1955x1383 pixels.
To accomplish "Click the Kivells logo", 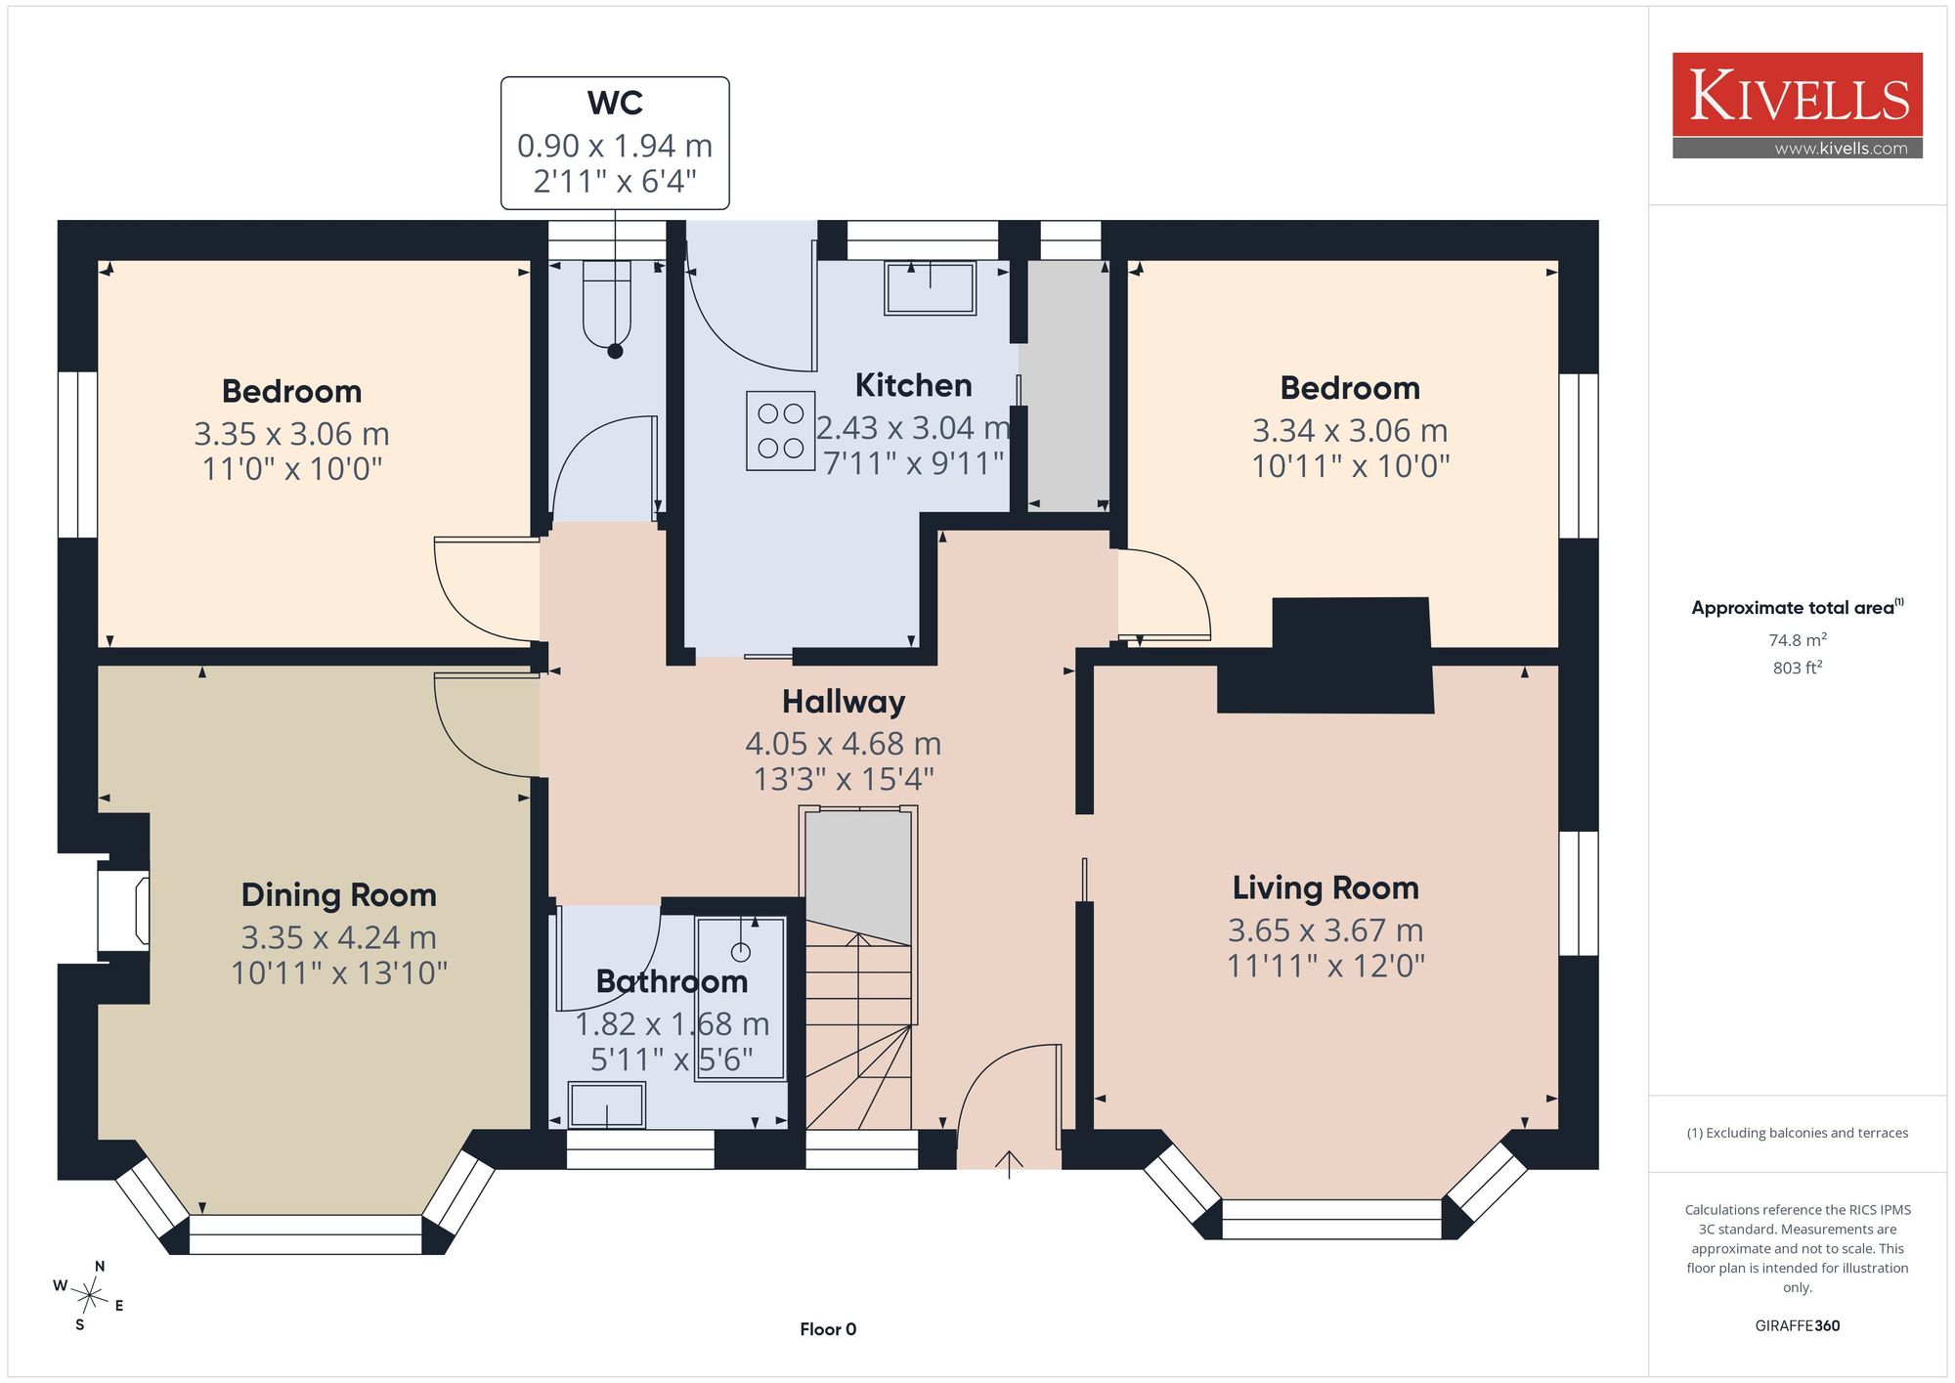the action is [1797, 106].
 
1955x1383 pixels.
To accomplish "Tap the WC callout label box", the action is [615, 143].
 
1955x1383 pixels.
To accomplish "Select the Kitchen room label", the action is [913, 385].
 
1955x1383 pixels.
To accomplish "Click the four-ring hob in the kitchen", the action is [781, 431].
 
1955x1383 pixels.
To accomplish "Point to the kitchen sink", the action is [930, 287].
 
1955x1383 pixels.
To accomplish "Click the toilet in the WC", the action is [607, 303].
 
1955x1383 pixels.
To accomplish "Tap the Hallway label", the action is [844, 702].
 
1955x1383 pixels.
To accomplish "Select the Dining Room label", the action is [339, 895].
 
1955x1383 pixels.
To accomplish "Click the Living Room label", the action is [1325, 887].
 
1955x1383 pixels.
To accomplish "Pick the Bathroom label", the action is [672, 981].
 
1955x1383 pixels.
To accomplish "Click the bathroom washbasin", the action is [607, 1105].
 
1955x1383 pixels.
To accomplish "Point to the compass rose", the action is [89, 1296].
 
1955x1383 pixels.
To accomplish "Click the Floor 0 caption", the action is [828, 1329].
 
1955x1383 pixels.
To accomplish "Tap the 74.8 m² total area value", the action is [1797, 640].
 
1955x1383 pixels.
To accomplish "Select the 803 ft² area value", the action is [1797, 668].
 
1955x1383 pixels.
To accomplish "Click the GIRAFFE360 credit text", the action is [1797, 1326].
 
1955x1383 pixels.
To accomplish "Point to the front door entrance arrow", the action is [1009, 1165].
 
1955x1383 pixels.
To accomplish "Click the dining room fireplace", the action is [123, 912].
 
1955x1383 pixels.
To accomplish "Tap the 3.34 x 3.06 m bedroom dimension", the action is [1350, 431].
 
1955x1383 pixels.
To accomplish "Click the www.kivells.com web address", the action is [1841, 149].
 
